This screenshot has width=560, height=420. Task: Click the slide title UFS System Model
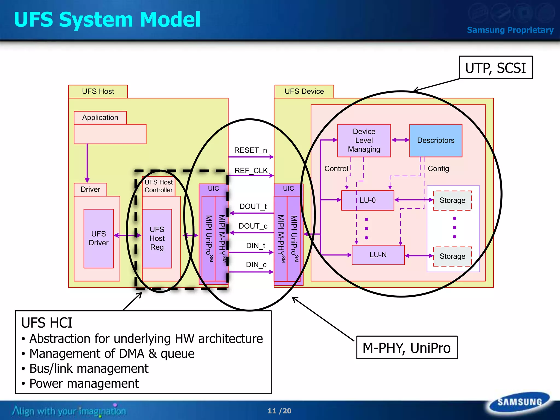point(107,20)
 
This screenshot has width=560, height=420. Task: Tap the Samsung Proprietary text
point(510,30)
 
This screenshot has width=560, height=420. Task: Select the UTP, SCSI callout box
point(495,68)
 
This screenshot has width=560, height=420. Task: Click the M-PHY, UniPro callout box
point(407,348)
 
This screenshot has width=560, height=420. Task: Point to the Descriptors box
point(436,141)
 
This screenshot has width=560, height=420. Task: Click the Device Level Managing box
point(364,141)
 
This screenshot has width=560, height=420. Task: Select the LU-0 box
point(367,200)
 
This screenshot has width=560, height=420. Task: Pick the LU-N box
point(378,255)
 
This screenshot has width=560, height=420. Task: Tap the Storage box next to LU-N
point(452,256)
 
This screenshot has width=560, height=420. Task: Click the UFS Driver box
point(98,238)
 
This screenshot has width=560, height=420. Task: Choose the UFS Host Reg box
point(157,238)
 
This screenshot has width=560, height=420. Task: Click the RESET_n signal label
point(250,150)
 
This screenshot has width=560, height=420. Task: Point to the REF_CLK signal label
point(251,171)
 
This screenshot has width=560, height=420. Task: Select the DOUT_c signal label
point(253,226)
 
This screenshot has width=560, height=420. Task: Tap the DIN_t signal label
point(256,246)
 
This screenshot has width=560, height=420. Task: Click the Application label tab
point(100,118)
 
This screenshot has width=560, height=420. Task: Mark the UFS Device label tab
point(304,91)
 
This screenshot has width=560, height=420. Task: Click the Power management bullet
point(84,383)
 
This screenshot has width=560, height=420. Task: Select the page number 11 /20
point(279,411)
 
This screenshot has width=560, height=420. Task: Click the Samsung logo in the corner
point(519,402)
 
